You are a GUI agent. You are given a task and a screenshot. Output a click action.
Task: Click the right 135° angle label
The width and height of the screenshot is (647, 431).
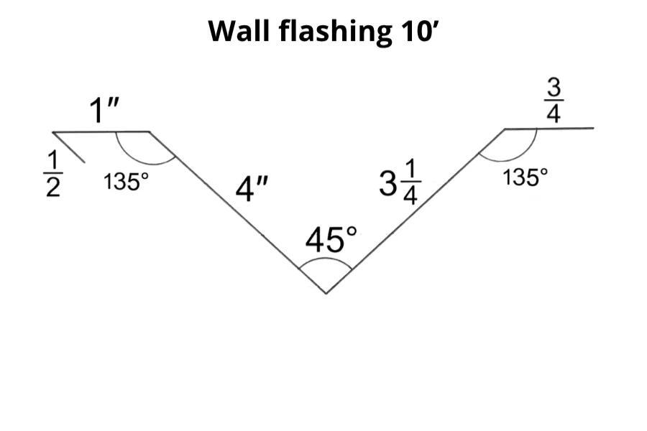point(526,177)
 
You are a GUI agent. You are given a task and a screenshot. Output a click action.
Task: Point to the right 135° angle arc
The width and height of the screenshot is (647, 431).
point(512,157)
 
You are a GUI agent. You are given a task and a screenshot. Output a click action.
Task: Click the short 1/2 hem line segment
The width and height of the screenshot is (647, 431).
point(70,147)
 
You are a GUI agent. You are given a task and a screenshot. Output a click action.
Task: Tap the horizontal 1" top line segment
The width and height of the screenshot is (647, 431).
point(101,132)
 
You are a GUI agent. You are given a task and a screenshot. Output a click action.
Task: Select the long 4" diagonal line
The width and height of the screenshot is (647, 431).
point(237,212)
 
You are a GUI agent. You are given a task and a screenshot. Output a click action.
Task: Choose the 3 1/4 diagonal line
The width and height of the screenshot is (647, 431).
point(415,211)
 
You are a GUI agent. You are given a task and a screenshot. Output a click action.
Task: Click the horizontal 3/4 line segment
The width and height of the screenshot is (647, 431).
point(549,129)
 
